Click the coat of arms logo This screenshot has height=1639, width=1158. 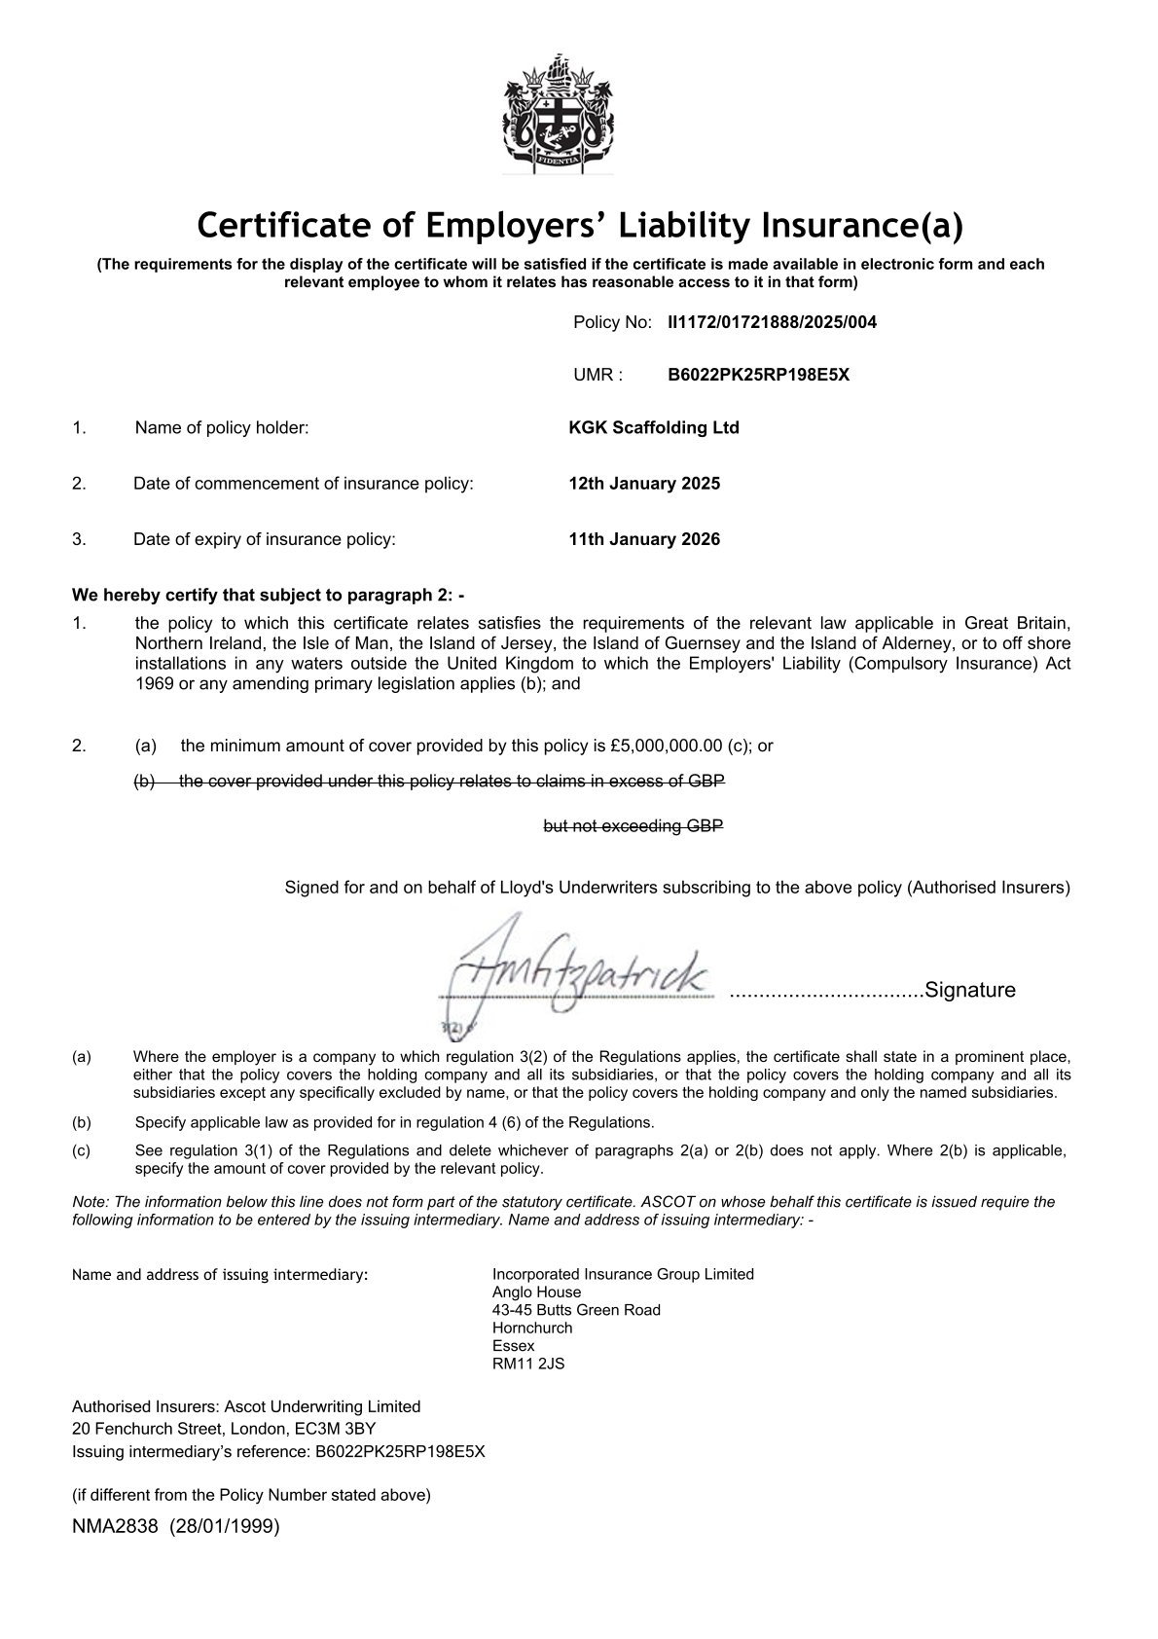click(559, 113)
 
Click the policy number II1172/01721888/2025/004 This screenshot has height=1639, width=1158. click(772, 322)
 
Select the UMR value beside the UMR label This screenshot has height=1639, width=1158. click(758, 375)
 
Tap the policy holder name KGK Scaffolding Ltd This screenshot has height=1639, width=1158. click(654, 427)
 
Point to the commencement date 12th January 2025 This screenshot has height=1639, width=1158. click(644, 484)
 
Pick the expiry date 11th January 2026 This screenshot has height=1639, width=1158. click(644, 539)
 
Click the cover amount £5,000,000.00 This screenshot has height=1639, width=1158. click(667, 747)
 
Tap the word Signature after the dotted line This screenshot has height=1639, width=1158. click(969, 991)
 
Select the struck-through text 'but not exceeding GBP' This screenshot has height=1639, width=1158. click(633, 826)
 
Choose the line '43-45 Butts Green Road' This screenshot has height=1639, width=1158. click(576, 1310)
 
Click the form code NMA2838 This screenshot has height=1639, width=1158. click(115, 1526)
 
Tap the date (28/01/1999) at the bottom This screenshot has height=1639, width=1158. click(225, 1526)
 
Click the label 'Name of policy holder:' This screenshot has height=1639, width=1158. click(222, 427)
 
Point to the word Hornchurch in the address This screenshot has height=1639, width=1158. click(532, 1328)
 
